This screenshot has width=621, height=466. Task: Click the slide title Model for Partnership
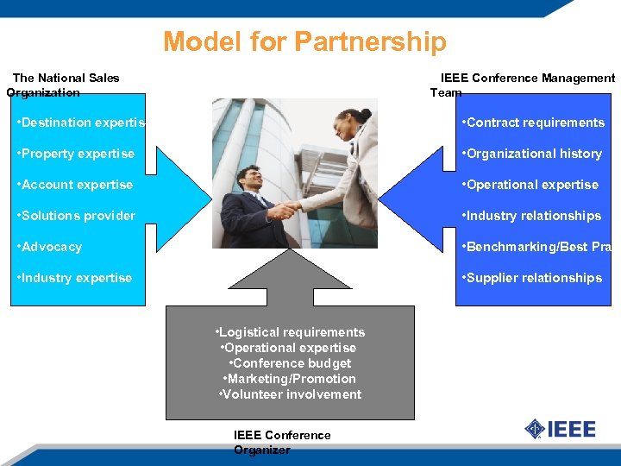(x=304, y=41)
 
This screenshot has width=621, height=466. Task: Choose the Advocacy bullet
(x=51, y=247)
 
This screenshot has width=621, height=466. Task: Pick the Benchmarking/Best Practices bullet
(x=536, y=247)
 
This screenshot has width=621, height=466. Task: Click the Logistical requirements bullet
(x=290, y=332)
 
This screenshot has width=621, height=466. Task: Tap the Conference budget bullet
(x=290, y=363)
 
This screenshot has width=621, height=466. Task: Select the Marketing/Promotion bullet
(x=290, y=379)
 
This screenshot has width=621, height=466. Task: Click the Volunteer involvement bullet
(x=290, y=394)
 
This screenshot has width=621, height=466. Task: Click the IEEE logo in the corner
(x=561, y=428)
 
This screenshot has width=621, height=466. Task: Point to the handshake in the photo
(x=284, y=209)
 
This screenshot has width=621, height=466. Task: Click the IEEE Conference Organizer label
(x=282, y=442)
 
